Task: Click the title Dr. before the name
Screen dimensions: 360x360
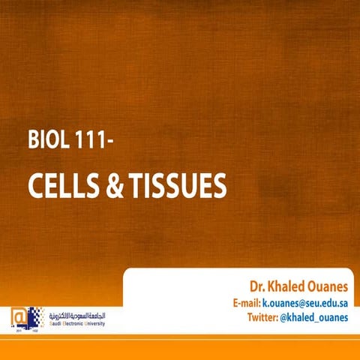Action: pyautogui.click(x=258, y=286)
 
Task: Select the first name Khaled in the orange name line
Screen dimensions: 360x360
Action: pyautogui.click(x=288, y=286)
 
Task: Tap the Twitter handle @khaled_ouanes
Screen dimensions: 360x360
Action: pyautogui.click(x=315, y=318)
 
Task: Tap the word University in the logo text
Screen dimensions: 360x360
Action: pyautogui.click(x=94, y=318)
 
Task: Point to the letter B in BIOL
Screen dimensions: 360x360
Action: pyautogui.click(x=32, y=140)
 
